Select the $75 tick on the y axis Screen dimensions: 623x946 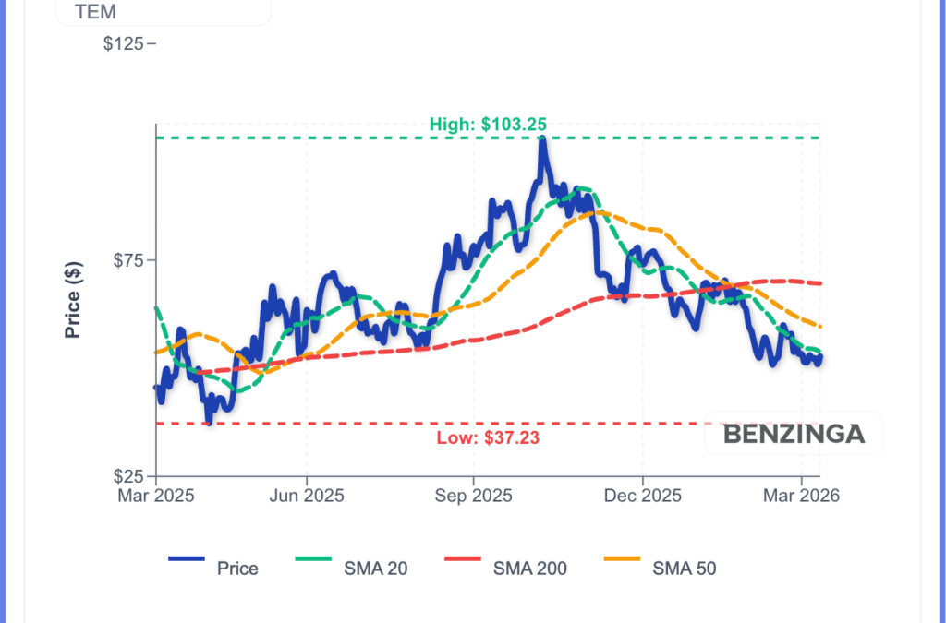tap(130, 260)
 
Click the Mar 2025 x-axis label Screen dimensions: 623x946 tap(155, 496)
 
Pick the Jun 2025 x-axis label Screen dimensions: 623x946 tap(306, 496)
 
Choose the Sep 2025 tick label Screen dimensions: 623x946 tap(473, 496)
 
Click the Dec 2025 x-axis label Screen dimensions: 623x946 tap(643, 496)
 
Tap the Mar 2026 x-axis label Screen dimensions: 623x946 tap(801, 496)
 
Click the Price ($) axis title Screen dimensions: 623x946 tap(73, 299)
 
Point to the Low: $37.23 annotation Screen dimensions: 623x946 tap(488, 437)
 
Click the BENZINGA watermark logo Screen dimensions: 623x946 tap(794, 434)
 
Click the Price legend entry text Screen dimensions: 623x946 tap(237, 569)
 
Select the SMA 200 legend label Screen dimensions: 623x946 tap(530, 569)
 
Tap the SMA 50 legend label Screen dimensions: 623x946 tap(684, 569)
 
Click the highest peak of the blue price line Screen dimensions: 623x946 tap(542, 140)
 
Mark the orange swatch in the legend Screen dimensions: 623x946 tap(622, 559)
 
